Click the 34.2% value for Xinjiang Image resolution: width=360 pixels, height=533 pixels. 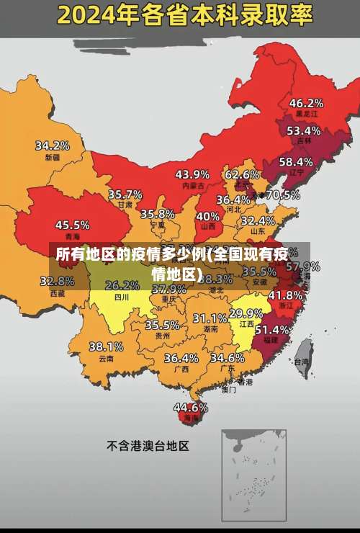pyautogui.click(x=53, y=145)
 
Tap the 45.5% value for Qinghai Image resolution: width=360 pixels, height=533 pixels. pyautogui.click(x=72, y=225)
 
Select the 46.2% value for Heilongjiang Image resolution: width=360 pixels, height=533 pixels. pyautogui.click(x=306, y=102)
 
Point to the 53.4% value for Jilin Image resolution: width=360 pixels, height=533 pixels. pyautogui.click(x=303, y=130)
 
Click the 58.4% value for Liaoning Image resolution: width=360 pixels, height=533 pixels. pyautogui.click(x=296, y=161)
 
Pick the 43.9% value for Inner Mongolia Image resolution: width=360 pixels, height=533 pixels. pyautogui.click(x=192, y=174)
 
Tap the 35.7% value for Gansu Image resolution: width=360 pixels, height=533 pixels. pyautogui.click(x=125, y=194)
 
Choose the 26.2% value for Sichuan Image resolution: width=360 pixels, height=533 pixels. pyautogui.click(x=122, y=285)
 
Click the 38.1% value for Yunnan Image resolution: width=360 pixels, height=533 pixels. pyautogui.click(x=106, y=346)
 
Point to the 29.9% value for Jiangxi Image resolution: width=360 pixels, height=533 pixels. pyautogui.click(x=246, y=313)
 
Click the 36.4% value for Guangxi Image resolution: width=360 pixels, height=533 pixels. pyautogui.click(x=181, y=357)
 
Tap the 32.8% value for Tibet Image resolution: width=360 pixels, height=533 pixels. pyautogui.click(x=57, y=281)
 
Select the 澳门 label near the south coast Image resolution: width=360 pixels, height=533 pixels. pyautogui.click(x=228, y=390)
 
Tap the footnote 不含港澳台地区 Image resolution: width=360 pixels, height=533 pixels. pyautogui.click(x=148, y=446)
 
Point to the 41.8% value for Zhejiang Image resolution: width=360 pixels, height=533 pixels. pyautogui.click(x=285, y=295)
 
